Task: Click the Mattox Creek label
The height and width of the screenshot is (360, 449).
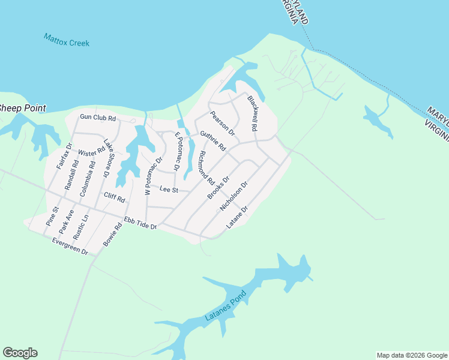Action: point(67,40)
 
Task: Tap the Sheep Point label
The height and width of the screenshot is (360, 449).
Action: point(22,109)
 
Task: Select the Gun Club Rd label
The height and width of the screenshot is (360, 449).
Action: point(97,118)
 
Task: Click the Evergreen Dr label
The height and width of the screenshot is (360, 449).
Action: point(70,247)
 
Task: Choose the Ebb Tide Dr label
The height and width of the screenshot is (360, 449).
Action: point(140,223)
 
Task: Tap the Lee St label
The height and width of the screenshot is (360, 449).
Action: point(169,190)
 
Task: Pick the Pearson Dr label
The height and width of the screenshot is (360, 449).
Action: point(221,124)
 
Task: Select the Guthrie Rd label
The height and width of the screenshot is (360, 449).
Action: point(212,141)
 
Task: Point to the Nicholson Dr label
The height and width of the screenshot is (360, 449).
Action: point(234,197)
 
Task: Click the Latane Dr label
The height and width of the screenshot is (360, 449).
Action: point(237,218)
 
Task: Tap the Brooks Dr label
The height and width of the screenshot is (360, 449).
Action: point(218,188)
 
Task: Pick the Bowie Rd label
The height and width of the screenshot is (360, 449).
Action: point(112,233)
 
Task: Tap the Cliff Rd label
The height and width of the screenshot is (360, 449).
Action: point(114,198)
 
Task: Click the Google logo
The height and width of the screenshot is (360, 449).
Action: point(20,353)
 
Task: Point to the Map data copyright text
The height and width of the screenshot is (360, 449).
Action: point(411,355)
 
